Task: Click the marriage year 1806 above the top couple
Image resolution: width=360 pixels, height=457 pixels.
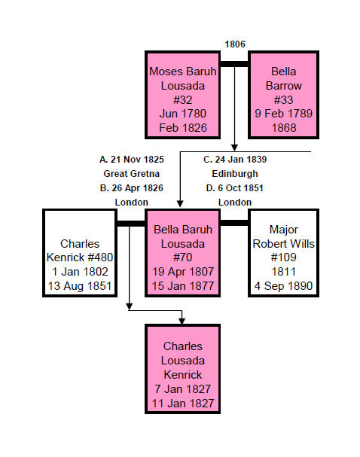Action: (235, 44)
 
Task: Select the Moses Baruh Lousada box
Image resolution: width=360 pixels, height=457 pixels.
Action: (183, 95)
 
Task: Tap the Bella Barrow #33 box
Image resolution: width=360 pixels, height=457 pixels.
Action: (283, 95)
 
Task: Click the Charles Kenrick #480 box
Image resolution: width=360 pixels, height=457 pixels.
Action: (80, 253)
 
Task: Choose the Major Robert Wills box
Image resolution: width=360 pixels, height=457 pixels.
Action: (283, 253)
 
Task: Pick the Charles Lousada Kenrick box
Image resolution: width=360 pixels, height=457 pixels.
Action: (183, 369)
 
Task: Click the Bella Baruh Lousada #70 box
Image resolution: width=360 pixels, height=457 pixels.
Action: (183, 253)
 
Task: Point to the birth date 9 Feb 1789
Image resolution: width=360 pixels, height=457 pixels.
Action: (283, 114)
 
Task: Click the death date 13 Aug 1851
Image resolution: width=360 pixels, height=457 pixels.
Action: (80, 286)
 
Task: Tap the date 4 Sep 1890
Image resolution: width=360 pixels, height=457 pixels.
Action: (283, 286)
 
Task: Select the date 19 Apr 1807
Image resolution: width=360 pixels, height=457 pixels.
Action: (183, 272)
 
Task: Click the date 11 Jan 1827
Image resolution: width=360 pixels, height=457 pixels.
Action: (183, 404)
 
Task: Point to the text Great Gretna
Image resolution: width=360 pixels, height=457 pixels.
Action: (132, 174)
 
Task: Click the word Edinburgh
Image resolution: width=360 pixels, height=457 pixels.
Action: (235, 174)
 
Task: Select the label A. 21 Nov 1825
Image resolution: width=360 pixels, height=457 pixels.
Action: (132, 160)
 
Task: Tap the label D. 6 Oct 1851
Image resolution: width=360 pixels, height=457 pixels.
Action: (235, 188)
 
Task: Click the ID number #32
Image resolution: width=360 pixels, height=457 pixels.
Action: (183, 100)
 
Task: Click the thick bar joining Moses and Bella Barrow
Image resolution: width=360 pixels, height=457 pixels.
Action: (234, 64)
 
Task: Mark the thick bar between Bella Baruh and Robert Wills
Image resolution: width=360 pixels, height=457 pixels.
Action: (234, 223)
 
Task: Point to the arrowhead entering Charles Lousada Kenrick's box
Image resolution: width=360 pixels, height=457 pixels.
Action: (182, 321)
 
